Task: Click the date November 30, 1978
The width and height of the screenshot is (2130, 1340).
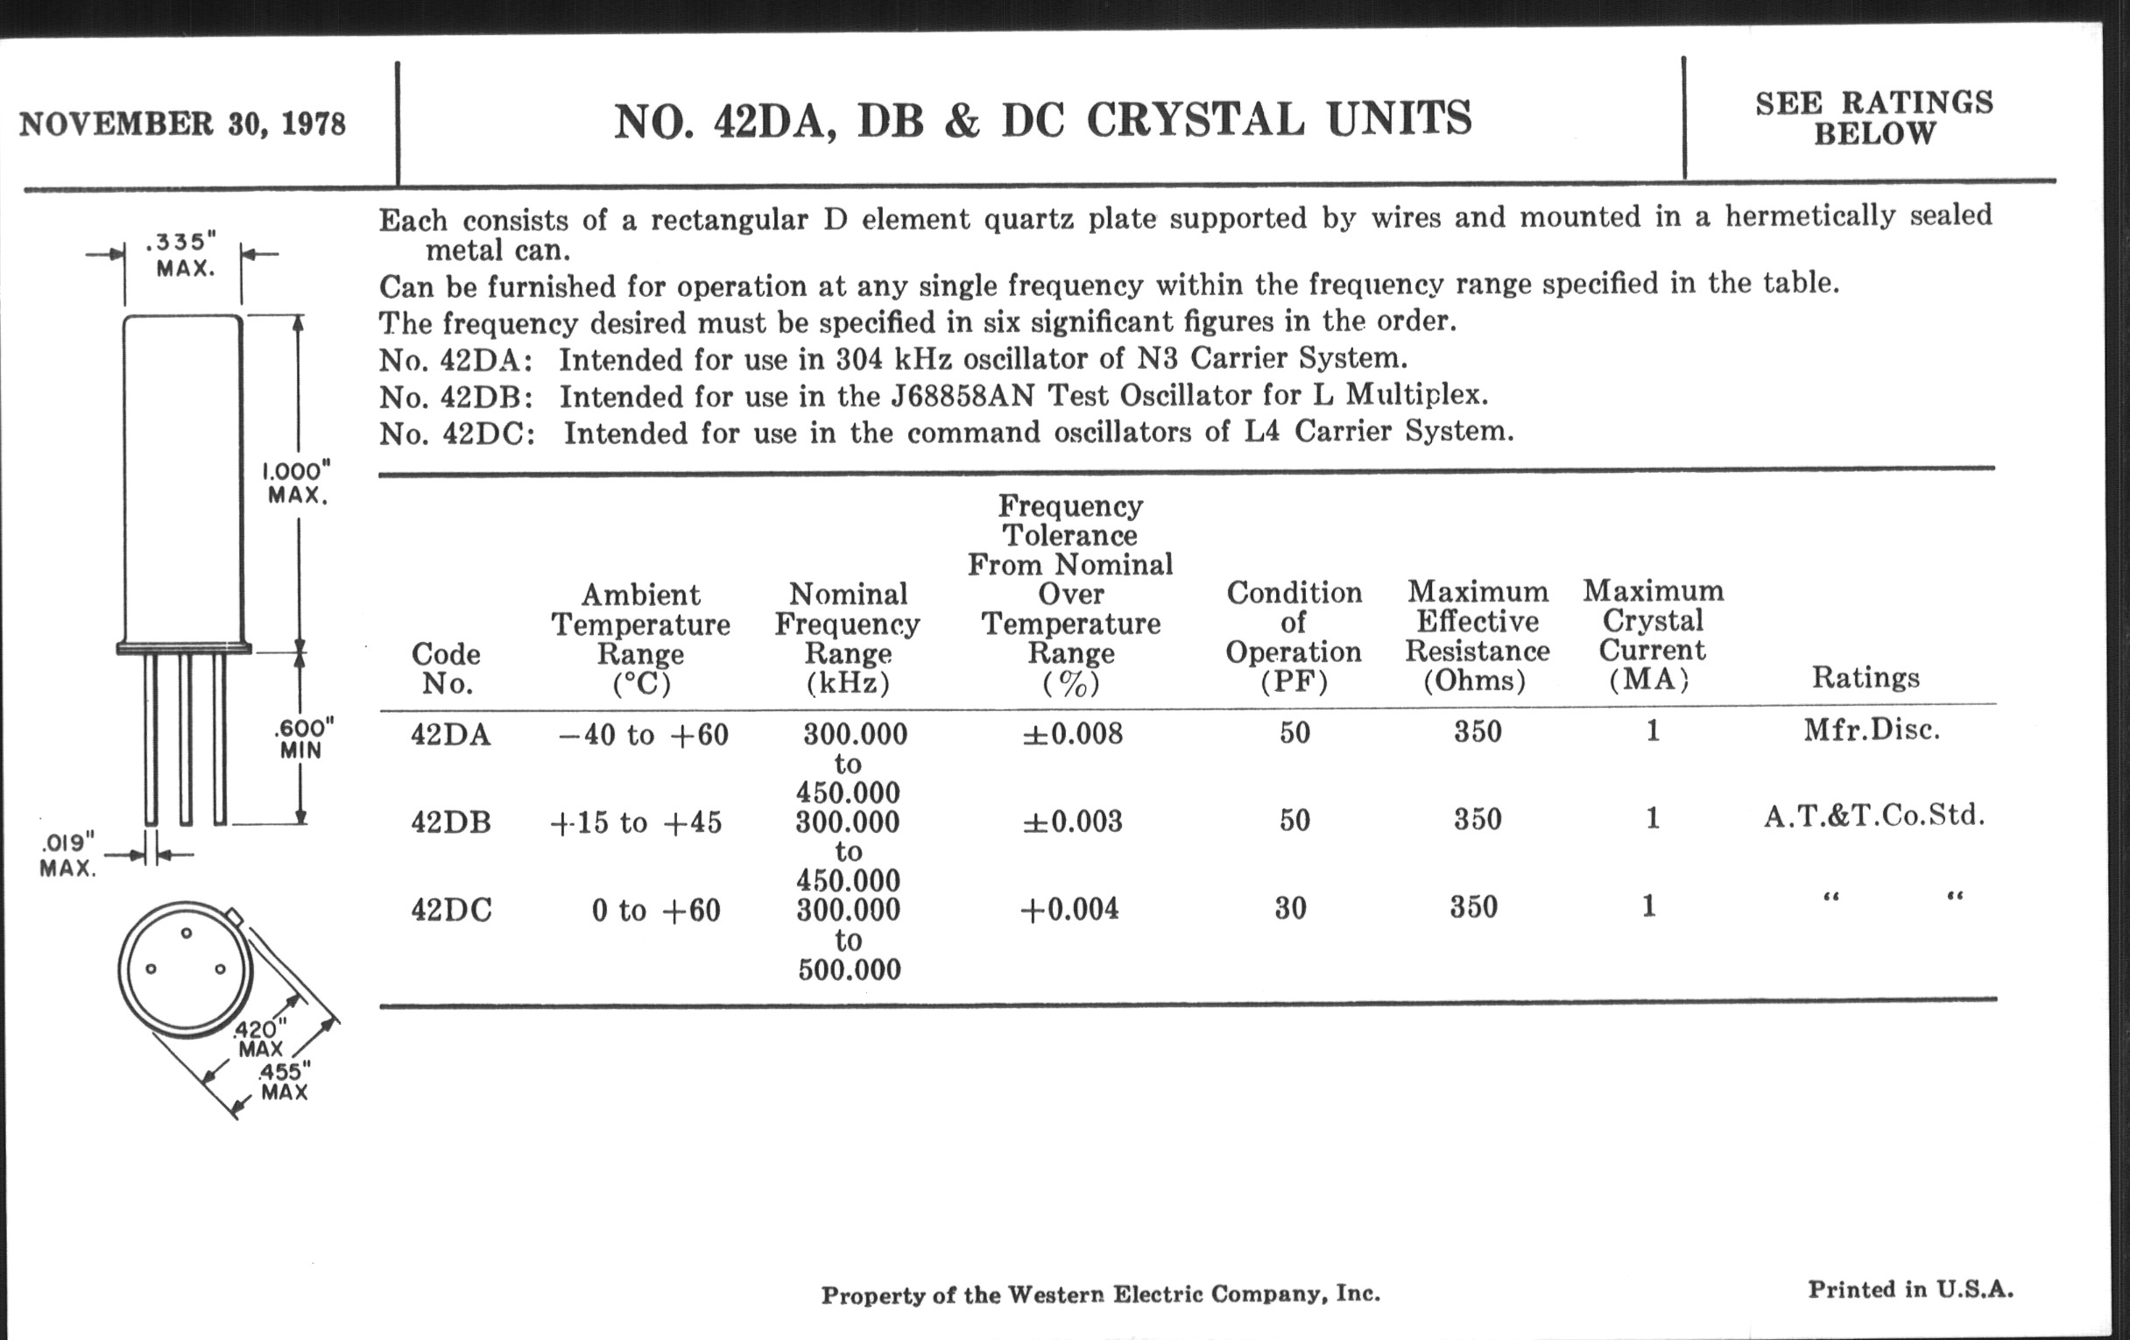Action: point(182,123)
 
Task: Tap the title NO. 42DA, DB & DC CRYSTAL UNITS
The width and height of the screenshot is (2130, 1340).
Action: point(1043,120)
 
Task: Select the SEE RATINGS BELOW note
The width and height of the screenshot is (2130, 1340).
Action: point(1874,117)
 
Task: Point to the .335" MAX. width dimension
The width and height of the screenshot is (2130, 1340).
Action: point(183,255)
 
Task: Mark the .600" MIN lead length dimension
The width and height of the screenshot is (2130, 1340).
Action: point(303,738)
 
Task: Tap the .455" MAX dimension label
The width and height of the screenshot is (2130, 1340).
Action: point(284,1082)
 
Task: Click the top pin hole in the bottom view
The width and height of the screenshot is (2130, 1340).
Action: point(187,932)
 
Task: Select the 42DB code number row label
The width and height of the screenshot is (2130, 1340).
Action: point(450,822)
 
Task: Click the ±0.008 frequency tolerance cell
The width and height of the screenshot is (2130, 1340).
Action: point(1072,733)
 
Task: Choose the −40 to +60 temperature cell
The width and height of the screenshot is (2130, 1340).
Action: point(643,735)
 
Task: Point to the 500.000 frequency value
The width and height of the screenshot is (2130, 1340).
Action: point(850,970)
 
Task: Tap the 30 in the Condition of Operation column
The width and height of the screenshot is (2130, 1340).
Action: point(1291,908)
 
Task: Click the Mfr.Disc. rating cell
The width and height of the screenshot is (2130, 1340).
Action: point(1872,730)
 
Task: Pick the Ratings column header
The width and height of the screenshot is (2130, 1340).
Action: point(1866,678)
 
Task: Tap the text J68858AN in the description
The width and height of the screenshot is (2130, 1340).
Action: point(963,395)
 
